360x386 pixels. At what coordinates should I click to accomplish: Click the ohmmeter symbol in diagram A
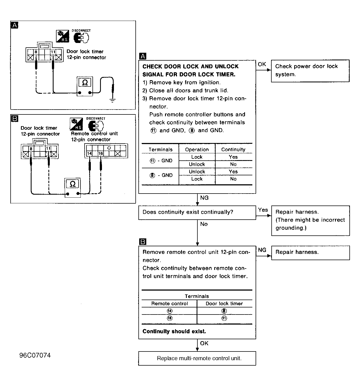coord(85,86)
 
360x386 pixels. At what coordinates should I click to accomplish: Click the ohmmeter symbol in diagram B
coord(73,188)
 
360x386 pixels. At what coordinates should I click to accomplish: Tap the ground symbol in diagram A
coord(112,100)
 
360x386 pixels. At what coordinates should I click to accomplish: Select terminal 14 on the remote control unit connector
coord(89,153)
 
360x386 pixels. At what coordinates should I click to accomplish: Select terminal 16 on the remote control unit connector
coord(101,153)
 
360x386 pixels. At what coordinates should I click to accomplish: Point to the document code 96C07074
coord(35,355)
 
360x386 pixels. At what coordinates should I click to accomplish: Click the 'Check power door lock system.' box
coord(310,71)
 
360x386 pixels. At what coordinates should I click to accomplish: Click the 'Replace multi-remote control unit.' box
coord(197,358)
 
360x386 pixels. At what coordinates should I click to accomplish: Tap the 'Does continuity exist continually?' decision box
coord(197,213)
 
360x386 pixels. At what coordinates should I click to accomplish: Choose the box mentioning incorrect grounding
coord(311,221)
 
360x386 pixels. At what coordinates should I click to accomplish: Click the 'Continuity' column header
coord(233,150)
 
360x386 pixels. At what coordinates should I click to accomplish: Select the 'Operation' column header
coord(197,150)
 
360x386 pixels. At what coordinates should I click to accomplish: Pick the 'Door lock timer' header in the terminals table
coord(224,303)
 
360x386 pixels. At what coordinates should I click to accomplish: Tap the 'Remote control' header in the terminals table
coord(169,303)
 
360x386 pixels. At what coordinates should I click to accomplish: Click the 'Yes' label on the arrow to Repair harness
coord(263,210)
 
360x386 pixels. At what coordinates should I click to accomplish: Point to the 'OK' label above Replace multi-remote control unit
coord(204,343)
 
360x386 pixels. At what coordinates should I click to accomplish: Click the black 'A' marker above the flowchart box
coord(143,56)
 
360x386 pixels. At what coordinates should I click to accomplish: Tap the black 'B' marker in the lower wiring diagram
coord(15,118)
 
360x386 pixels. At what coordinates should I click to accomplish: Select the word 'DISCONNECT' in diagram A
coord(81,30)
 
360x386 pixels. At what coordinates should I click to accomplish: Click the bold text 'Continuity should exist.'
coord(174,331)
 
